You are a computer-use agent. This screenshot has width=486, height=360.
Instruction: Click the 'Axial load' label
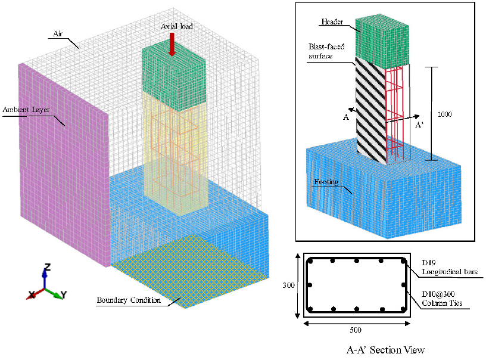177,27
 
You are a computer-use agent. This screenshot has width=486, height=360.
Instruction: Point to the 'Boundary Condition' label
129,300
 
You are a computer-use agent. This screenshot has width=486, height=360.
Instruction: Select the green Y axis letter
64,295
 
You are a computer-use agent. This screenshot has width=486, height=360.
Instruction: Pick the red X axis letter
30,294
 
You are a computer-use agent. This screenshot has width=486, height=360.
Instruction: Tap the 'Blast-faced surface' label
324,51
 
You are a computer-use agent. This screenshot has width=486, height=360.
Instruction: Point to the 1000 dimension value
444,113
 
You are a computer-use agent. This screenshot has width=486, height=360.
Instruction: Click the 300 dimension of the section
288,285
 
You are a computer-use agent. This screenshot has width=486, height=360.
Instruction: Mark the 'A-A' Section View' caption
385,350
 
